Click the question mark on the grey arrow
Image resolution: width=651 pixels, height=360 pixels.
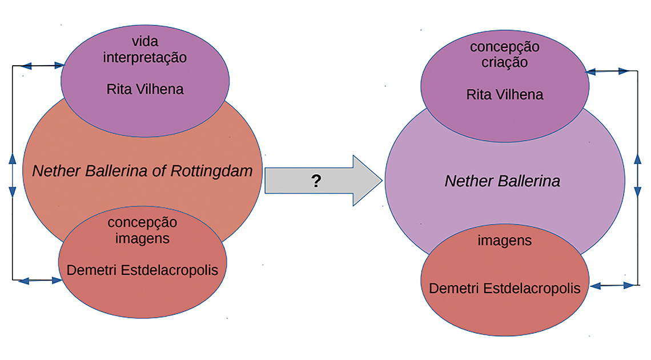(x=315, y=182)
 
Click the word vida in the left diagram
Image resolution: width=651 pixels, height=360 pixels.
(x=145, y=43)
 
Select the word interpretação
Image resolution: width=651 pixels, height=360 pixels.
(x=145, y=58)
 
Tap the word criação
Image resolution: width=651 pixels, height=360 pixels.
(x=504, y=62)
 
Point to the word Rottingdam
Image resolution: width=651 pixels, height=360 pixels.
(x=212, y=171)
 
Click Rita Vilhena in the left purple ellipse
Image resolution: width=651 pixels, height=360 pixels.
(x=145, y=89)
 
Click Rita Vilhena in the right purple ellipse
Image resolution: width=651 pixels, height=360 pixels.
(x=505, y=94)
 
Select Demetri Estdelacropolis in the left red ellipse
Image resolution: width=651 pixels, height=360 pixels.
(x=142, y=270)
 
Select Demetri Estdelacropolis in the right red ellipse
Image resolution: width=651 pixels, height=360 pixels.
(x=505, y=289)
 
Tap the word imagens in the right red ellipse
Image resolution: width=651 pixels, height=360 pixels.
(x=504, y=241)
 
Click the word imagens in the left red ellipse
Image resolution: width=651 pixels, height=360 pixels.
(x=142, y=238)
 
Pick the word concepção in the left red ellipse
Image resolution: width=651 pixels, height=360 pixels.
(x=142, y=223)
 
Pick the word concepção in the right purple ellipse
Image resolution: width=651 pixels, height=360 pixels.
(x=504, y=47)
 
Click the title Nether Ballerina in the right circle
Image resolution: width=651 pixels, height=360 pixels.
(x=503, y=182)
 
